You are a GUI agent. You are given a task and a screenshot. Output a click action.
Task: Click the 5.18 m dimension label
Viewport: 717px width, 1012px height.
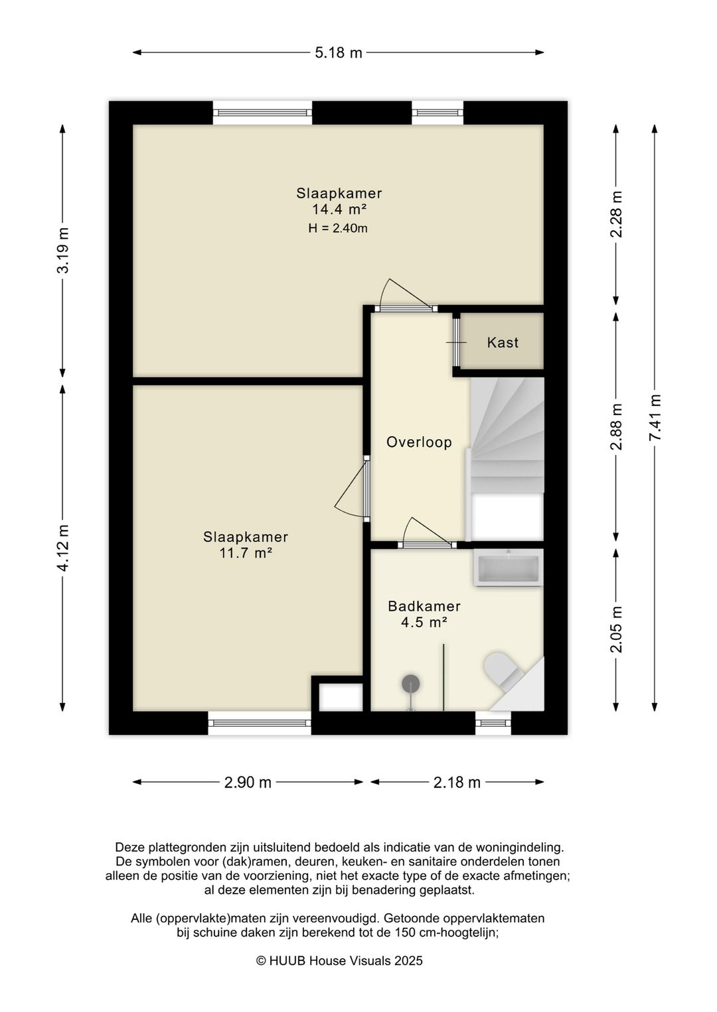pyautogui.click(x=339, y=53)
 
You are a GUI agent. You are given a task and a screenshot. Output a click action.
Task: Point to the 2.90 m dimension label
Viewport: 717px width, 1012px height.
pyautogui.click(x=248, y=782)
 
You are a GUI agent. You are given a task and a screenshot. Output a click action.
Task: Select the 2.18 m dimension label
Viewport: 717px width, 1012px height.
pyautogui.click(x=457, y=782)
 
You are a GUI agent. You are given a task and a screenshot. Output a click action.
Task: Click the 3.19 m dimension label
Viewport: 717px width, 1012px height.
pyautogui.click(x=63, y=250)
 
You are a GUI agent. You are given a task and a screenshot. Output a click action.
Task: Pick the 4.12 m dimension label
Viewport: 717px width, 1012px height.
pyautogui.click(x=63, y=548)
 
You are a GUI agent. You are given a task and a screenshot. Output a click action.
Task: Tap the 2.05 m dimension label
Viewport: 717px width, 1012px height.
pyautogui.click(x=617, y=629)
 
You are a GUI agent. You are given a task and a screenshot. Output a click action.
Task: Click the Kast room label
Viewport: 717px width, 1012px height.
pyautogui.click(x=503, y=342)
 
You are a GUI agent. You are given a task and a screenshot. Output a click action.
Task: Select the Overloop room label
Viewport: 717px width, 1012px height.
pyautogui.click(x=419, y=442)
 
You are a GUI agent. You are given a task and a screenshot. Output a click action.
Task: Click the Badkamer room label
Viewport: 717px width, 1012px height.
pyautogui.click(x=424, y=606)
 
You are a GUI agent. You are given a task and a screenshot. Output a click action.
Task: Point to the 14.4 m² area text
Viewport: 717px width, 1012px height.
pyautogui.click(x=339, y=209)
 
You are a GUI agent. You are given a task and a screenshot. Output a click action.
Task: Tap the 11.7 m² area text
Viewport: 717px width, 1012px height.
pyautogui.click(x=245, y=552)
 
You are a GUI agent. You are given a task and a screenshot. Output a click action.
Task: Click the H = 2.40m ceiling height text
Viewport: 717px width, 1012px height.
pyautogui.click(x=338, y=228)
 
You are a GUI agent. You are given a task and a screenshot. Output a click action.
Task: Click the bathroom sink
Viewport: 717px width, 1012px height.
pyautogui.click(x=509, y=568)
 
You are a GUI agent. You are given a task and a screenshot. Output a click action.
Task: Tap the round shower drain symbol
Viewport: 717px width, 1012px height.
pyautogui.click(x=411, y=684)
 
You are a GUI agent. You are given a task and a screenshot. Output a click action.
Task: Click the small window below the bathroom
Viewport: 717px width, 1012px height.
pyautogui.click(x=493, y=723)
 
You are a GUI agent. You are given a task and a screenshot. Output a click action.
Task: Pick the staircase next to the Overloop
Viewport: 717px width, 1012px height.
pyautogui.click(x=507, y=458)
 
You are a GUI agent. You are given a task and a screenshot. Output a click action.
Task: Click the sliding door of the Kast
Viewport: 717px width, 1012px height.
pyautogui.click(x=457, y=342)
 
